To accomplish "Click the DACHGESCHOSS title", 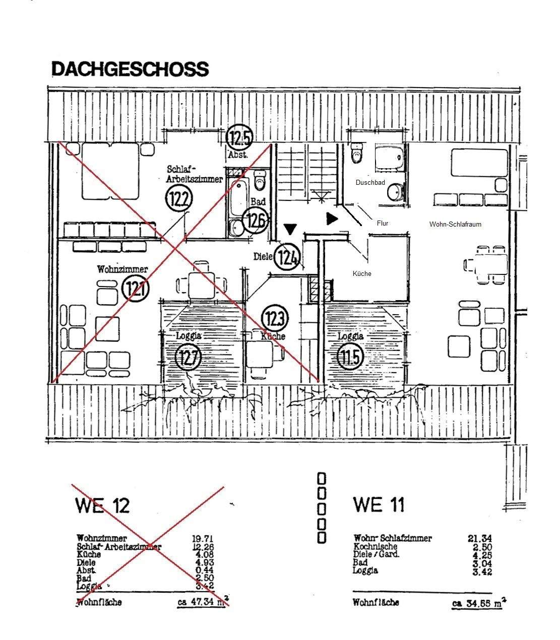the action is (130, 69).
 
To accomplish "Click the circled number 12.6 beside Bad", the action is (255, 221).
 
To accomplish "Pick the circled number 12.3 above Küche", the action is (275, 318).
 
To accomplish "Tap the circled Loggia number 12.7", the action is (188, 357).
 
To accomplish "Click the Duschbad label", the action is (370, 183).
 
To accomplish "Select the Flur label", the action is (383, 223).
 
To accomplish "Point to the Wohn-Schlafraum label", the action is (455, 224).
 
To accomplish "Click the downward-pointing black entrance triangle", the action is (289, 229).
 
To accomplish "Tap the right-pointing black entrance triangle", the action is (332, 219).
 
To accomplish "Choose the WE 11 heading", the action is (379, 504).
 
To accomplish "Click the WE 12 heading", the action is (102, 505).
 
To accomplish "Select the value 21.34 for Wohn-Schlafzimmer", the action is (480, 538).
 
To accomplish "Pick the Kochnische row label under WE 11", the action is (376, 546).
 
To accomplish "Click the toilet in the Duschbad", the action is (357, 153).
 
